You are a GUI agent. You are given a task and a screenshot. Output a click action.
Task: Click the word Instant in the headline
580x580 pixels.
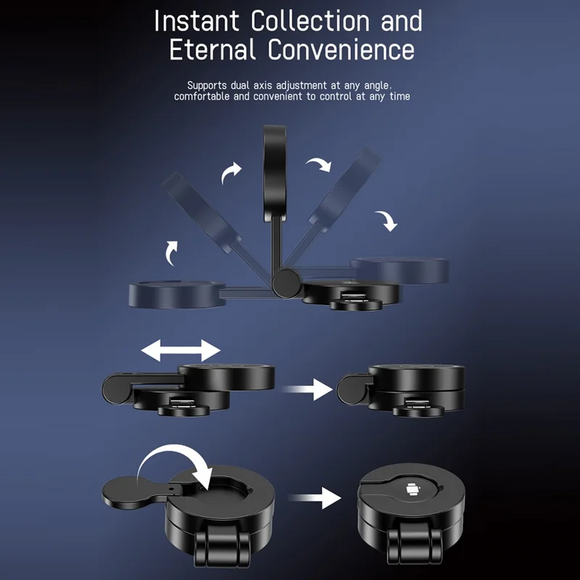point(196,21)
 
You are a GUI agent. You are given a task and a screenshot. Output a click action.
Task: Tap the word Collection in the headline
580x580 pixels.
point(310,21)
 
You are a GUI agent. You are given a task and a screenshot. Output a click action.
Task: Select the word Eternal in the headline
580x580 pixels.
point(212,49)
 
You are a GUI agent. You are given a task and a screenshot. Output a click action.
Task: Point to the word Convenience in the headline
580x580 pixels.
point(341,49)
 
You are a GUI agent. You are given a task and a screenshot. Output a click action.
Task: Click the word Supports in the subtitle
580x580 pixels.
point(207,86)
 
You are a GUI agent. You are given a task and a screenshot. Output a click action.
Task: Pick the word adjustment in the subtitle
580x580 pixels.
point(302,86)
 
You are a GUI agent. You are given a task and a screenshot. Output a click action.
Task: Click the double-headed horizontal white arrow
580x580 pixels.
point(181,350)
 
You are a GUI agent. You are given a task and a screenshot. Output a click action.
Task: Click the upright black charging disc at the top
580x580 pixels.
point(275,174)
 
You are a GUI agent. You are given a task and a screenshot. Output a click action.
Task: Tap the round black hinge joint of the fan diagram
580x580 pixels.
point(286,283)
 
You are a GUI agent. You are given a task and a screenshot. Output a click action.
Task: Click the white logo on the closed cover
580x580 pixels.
point(413,490)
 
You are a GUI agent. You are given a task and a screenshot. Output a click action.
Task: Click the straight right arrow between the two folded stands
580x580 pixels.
point(307,389)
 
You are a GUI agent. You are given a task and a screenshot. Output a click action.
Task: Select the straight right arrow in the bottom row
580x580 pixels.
point(315,498)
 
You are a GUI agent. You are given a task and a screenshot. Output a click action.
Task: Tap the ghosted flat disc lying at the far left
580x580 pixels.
point(177,294)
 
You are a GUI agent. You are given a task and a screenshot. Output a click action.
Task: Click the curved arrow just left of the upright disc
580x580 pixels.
point(231,173)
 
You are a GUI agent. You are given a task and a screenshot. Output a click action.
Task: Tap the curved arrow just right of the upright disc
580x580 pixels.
point(318,165)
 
